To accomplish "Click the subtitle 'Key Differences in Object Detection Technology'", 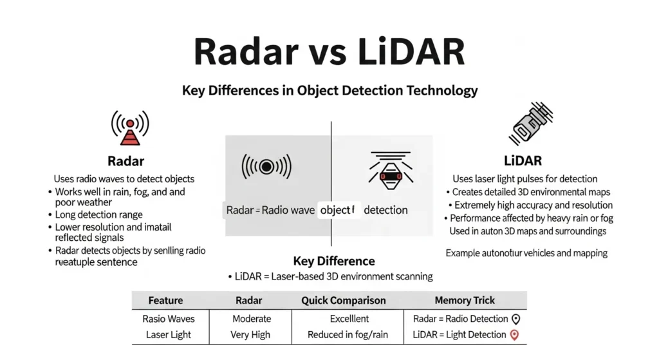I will point(329,90).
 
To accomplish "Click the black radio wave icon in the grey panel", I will point(266,166).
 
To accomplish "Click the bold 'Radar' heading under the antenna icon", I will point(125,161).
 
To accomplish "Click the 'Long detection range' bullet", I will point(99,214).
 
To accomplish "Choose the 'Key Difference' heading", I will point(333,261).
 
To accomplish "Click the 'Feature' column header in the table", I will point(165,300).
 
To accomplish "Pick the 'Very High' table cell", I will point(250,335).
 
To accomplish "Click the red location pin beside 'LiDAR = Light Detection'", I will point(514,334).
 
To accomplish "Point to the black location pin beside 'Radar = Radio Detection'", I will point(515,318).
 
